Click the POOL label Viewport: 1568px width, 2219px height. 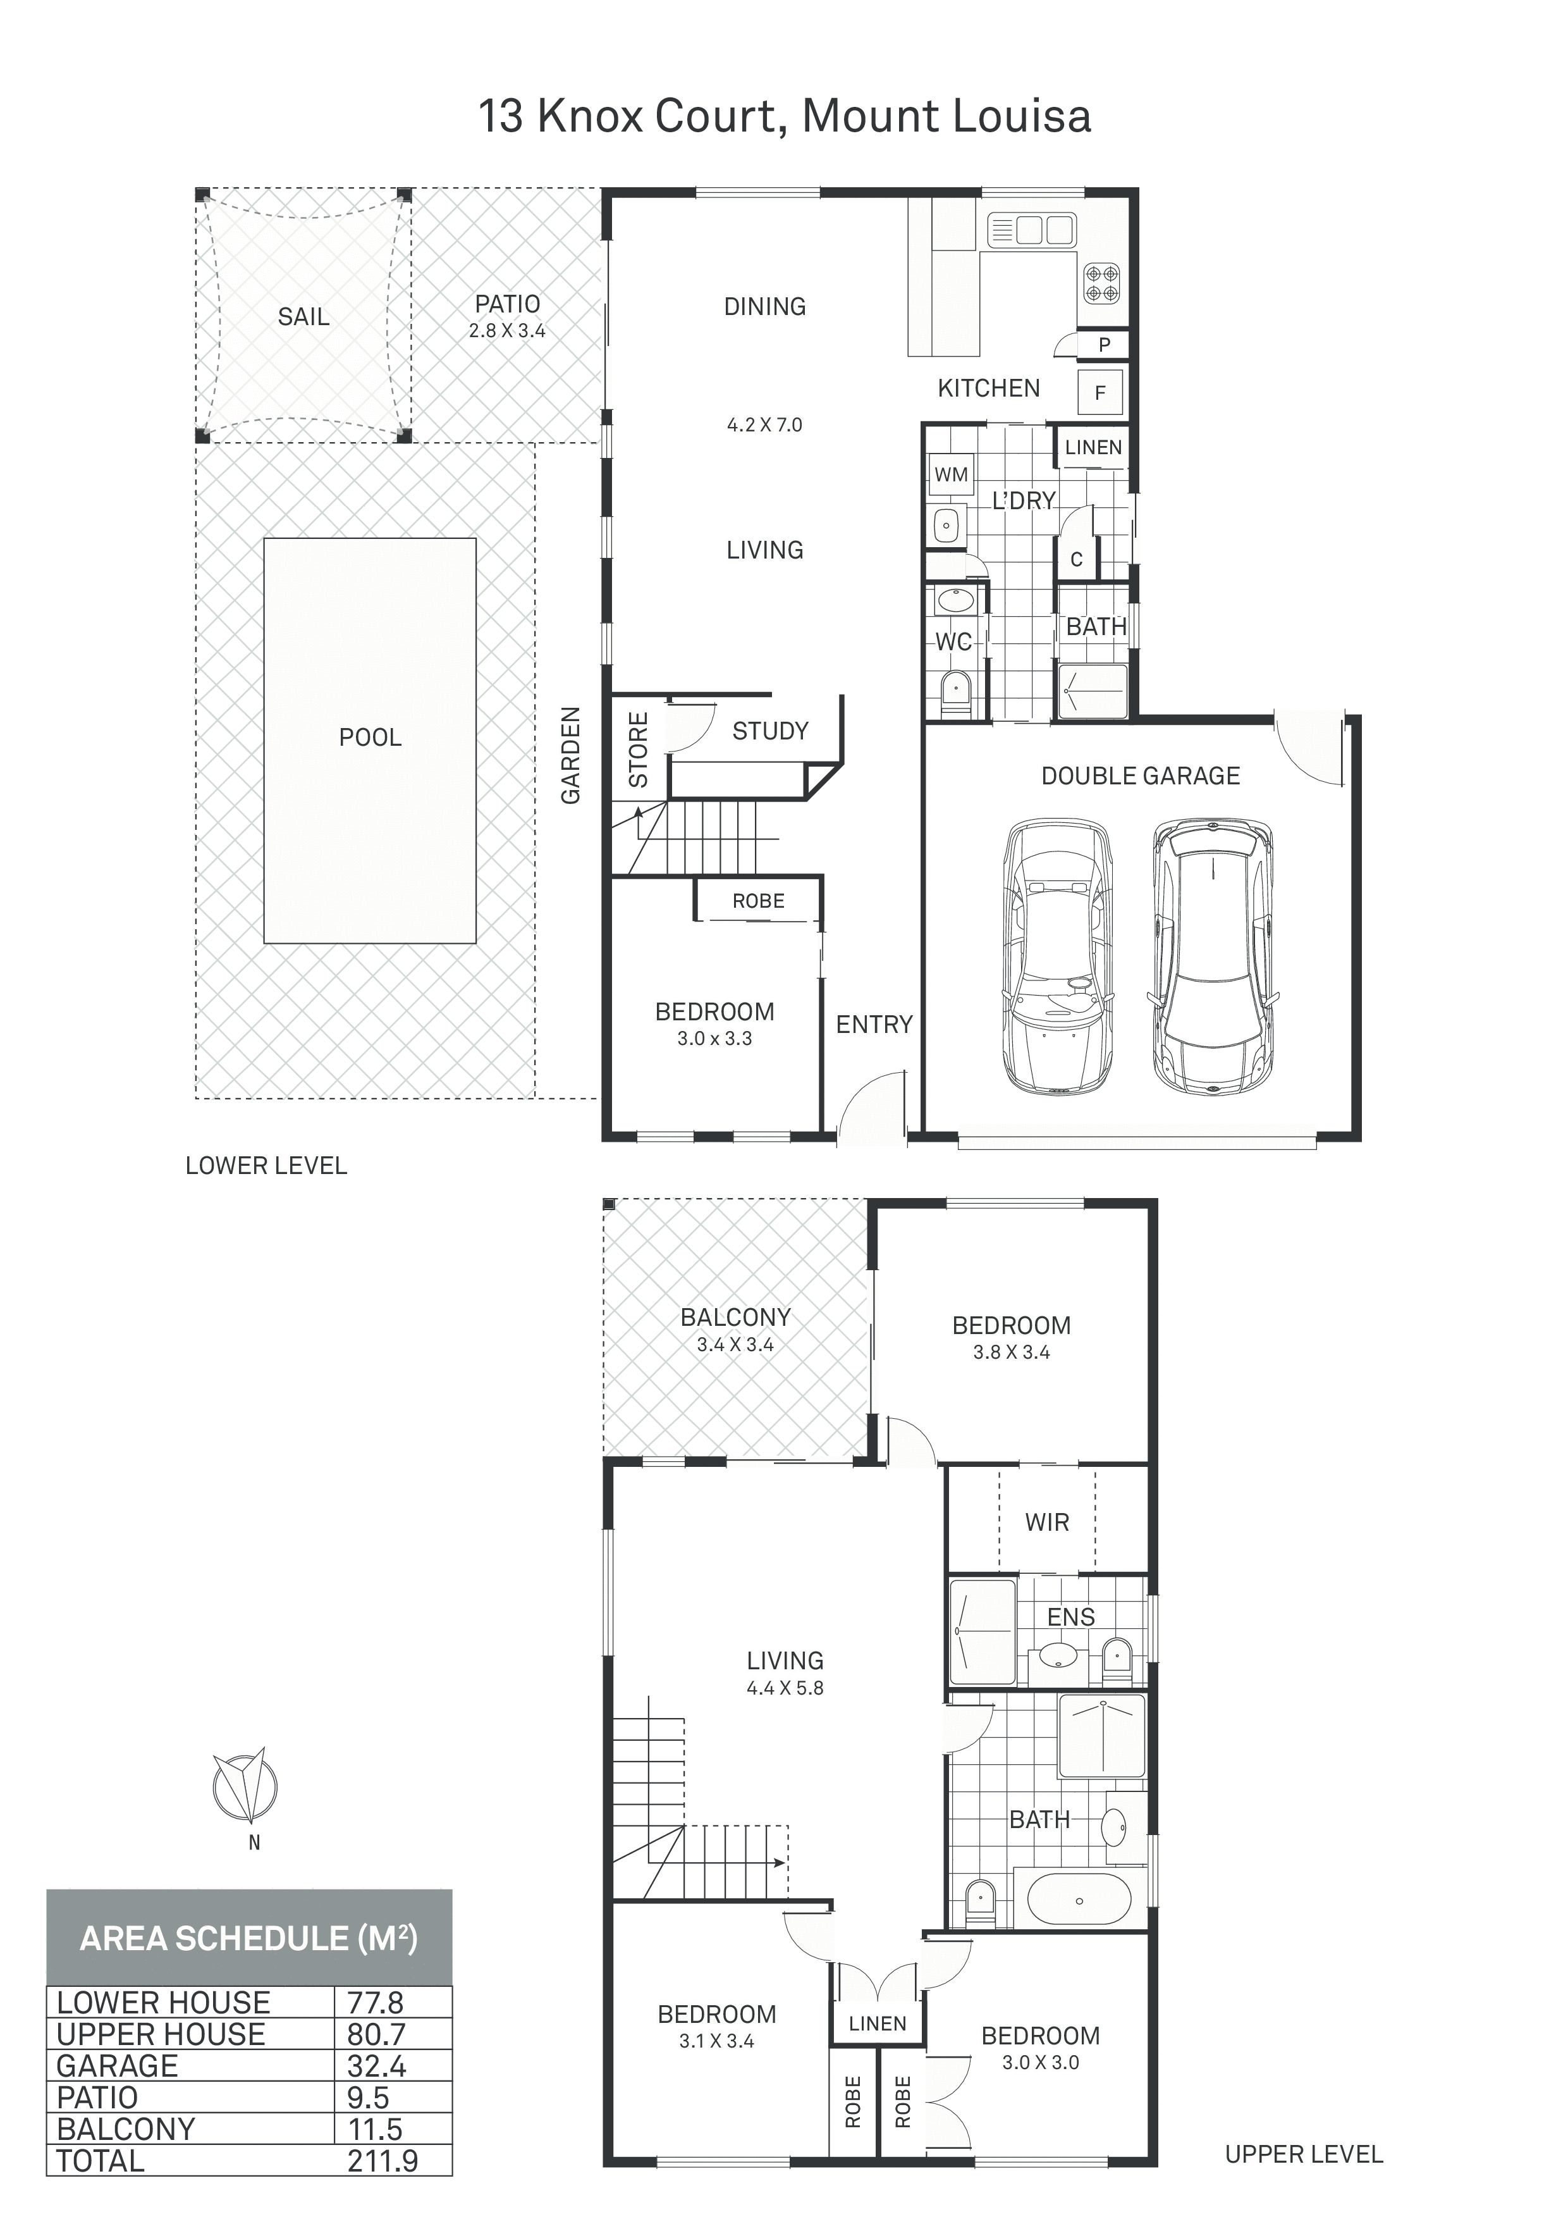coord(370,738)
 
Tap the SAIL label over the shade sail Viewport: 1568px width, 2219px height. coord(303,316)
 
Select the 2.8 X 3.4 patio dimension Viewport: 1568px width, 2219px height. coord(507,331)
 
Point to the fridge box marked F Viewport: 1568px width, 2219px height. coord(1100,392)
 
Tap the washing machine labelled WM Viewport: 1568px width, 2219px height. coord(951,474)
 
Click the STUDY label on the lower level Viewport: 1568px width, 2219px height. coord(770,731)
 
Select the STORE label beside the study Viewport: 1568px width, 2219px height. coord(639,750)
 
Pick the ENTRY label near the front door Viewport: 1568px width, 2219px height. coord(874,1025)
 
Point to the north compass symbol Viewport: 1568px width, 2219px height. coord(245,1784)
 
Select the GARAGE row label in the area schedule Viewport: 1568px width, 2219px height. coord(117,2065)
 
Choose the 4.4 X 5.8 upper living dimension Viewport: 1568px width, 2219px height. coord(785,1688)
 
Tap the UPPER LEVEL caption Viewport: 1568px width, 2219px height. coord(1303,2154)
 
